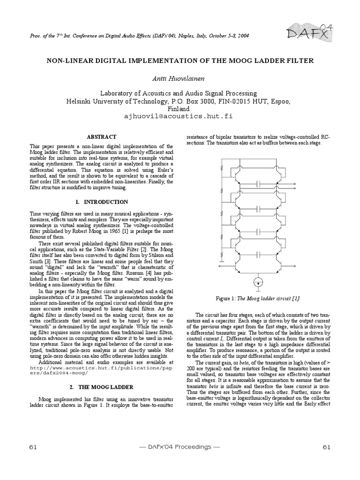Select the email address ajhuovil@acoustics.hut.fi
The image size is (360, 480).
coord(180,115)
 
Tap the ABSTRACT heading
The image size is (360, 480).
coord(102,136)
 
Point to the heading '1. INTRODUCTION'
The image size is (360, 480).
coord(102,202)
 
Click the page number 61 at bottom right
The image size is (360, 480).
coord(327,447)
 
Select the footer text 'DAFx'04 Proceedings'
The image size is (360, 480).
coord(180,447)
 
